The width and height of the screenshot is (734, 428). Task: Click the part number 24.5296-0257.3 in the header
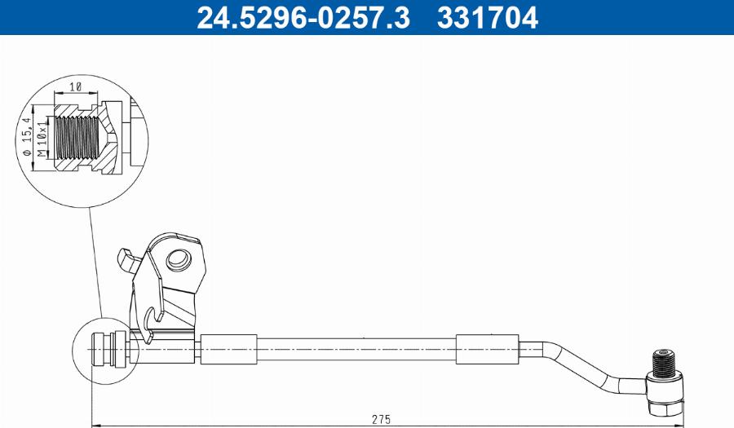click(303, 18)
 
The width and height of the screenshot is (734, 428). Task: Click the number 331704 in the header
click(488, 18)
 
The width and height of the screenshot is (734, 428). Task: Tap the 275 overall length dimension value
click(381, 419)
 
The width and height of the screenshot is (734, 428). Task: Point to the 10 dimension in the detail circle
click(75, 87)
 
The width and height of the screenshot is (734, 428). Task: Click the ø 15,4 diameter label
click(27, 136)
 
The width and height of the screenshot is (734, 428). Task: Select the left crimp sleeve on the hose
click(229, 349)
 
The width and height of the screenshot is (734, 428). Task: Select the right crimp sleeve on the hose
click(488, 349)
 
